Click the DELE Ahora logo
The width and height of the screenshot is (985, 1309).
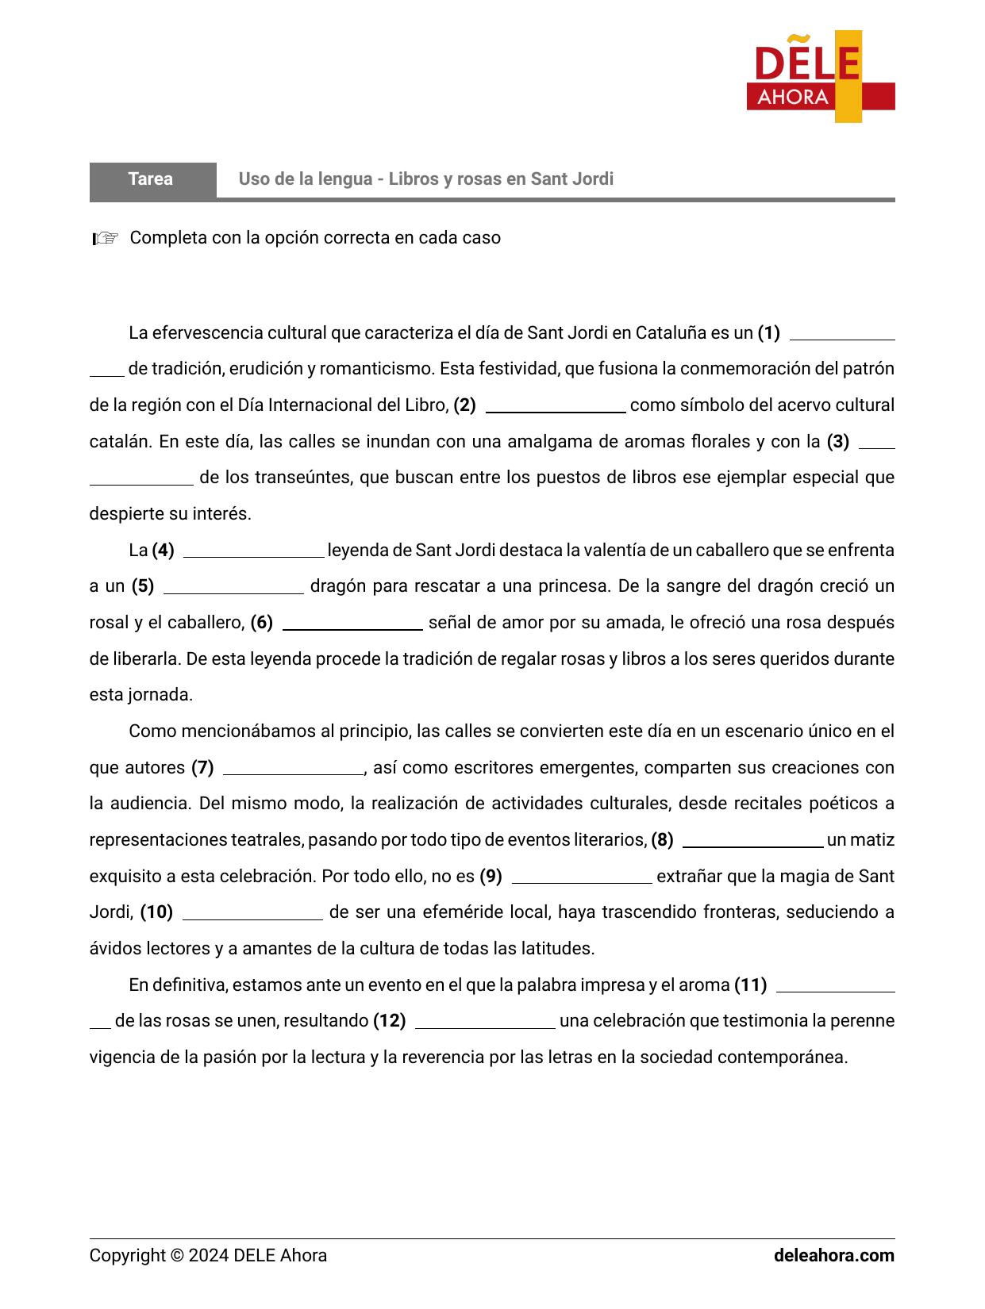[820, 77]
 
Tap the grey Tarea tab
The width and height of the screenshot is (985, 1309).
[152, 179]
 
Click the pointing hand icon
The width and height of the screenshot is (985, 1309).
[105, 238]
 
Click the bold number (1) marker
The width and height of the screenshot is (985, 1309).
[768, 333]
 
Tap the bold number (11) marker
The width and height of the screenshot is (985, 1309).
[750, 985]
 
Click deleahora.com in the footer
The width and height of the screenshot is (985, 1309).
[833, 1256]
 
